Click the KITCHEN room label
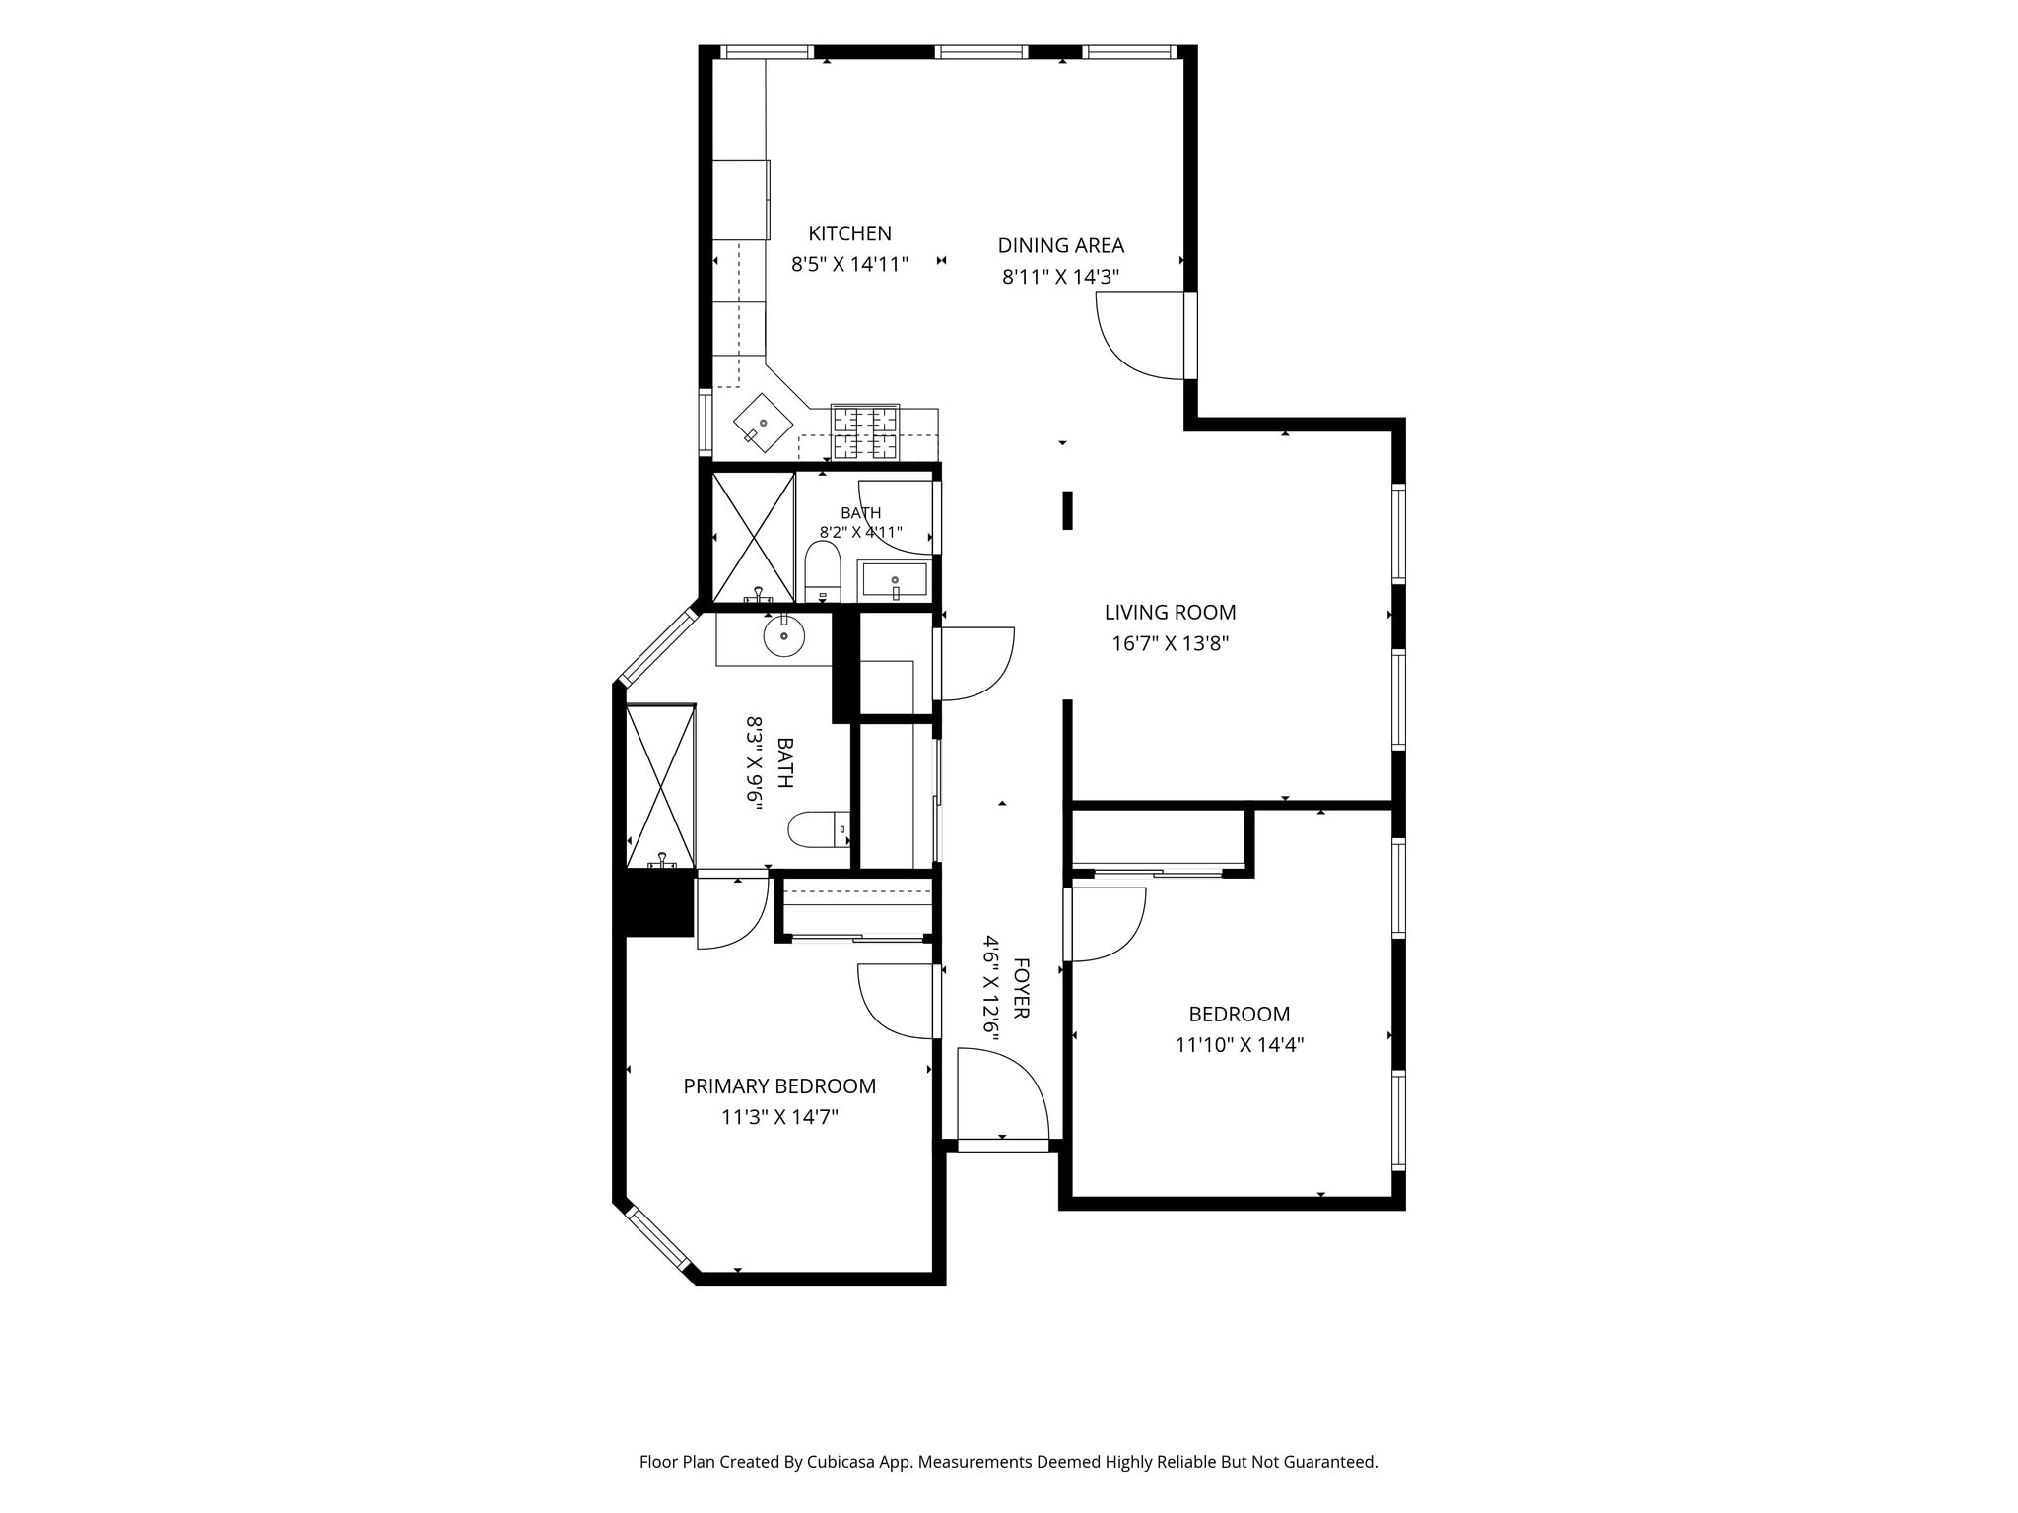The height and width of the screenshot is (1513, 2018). (849, 233)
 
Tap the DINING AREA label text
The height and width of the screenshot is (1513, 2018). (1060, 245)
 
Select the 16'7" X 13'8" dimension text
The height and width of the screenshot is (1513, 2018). (1170, 643)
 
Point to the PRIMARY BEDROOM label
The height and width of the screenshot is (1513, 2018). (779, 1085)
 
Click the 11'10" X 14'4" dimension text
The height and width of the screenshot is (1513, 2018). (1239, 1044)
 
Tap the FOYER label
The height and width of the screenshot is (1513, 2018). (1021, 988)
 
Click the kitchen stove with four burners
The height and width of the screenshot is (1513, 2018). (865, 432)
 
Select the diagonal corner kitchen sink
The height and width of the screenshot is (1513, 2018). (763, 424)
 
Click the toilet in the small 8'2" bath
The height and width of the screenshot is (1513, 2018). (822, 571)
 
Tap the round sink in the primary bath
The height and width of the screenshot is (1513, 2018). (784, 636)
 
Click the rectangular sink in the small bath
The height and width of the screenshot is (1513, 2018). (895, 580)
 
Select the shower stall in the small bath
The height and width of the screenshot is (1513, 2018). (753, 537)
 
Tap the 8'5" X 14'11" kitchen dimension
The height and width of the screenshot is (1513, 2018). (849, 264)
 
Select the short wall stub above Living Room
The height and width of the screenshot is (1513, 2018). (1067, 510)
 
